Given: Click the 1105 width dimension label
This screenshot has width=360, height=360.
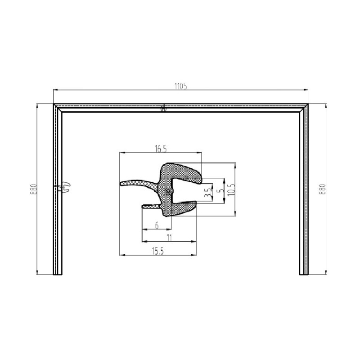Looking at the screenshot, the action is coord(181,86).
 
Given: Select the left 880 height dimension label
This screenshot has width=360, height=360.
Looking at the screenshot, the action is coord(33,189).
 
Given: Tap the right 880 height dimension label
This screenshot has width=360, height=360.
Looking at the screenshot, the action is coord(322,189).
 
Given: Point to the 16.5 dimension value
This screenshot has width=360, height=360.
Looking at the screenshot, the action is coord(161,149).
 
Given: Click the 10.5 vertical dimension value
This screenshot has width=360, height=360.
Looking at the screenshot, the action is coord(231,190).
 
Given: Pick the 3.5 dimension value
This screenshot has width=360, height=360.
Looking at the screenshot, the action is coord(207,193).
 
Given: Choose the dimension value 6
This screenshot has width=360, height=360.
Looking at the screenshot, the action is coord(157,225).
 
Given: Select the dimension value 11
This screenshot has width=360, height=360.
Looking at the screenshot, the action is coord(169,238).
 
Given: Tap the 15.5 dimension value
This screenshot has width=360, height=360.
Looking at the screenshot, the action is coord(158,252).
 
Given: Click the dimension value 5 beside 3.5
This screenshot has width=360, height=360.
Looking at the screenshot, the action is coord(221,190).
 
